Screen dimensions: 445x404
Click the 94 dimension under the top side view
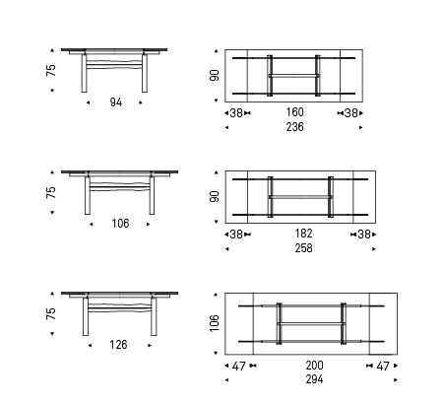[x=116, y=102]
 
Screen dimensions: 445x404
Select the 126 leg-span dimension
[x=118, y=345]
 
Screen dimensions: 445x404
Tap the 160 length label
[x=294, y=112]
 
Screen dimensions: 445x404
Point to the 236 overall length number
[x=294, y=127]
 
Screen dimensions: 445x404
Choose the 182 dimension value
[x=303, y=234]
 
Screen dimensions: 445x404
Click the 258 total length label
[x=303, y=248]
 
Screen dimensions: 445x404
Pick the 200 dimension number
[x=314, y=366]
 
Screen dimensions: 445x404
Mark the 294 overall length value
[x=314, y=379]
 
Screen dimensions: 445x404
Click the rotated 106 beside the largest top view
[x=214, y=323]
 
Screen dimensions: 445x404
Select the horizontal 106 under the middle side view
[x=120, y=224]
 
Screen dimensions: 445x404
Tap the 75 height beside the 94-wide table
[x=51, y=70]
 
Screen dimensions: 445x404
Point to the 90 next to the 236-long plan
[x=214, y=75]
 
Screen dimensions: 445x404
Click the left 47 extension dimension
[x=238, y=367]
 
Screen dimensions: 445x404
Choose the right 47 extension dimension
[x=383, y=367]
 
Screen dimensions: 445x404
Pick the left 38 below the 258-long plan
[x=236, y=235]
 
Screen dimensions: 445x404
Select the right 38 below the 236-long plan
[x=351, y=113]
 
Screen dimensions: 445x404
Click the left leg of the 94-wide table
[x=85, y=73]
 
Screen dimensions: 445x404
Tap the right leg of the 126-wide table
[x=154, y=316]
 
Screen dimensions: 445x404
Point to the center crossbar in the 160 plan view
[x=293, y=76]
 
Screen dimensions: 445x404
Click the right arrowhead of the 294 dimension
[x=396, y=380]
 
